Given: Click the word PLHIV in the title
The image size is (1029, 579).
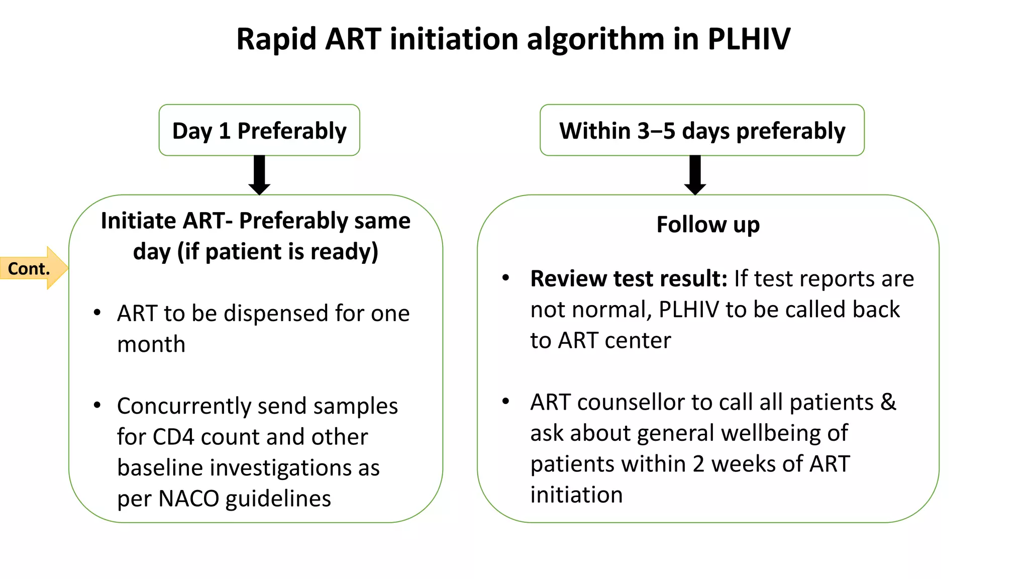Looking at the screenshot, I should (749, 39).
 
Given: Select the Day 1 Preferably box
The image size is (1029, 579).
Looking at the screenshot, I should (259, 131).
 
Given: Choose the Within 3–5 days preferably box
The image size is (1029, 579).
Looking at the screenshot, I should (702, 131).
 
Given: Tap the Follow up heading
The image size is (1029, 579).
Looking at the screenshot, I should (708, 224).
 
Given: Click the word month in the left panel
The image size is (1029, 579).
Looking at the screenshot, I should (151, 345).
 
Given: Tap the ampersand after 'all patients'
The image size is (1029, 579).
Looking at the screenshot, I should (888, 402).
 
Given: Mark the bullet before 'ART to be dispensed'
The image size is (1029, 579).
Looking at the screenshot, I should (97, 313).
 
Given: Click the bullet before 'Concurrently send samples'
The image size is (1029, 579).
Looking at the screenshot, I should (97, 405).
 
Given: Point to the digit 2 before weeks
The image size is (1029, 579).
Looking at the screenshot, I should (698, 464).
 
